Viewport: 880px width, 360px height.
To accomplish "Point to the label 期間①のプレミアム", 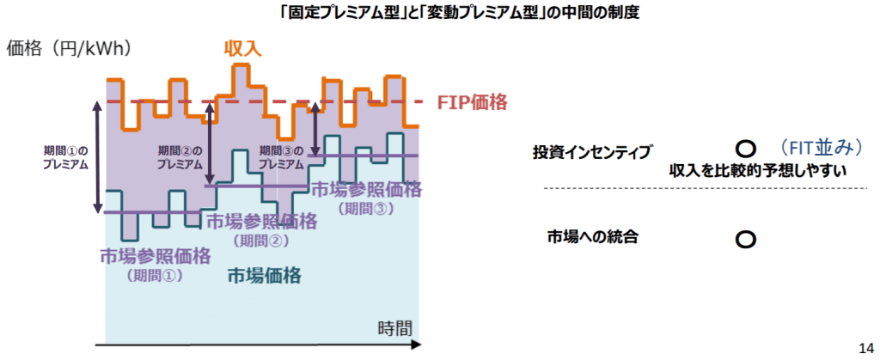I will pos(65,157).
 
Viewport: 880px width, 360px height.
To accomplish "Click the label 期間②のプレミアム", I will pos(180,157).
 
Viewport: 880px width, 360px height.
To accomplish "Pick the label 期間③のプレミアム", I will pos(281,157).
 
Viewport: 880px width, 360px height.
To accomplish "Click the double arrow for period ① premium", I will pos(96,157).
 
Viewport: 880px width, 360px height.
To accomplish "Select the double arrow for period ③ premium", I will pos(315,129).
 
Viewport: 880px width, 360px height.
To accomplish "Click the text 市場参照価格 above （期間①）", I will pos(155,256).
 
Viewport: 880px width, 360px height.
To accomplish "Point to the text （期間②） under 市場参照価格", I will pos(261,241).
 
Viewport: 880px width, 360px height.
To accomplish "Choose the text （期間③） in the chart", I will pos(365,208).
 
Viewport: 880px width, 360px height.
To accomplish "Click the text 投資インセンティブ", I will pos(592,151).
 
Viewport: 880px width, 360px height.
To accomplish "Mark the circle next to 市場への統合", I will pos(745,238).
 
